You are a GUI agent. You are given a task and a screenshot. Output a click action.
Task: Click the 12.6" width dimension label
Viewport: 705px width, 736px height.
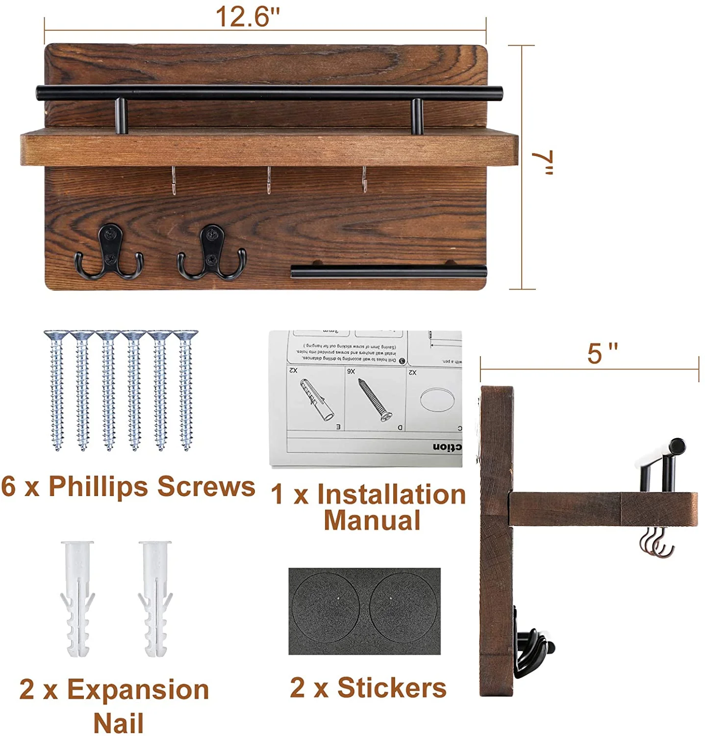(248, 17)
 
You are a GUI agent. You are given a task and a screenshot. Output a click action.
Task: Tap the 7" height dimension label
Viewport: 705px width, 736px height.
(544, 163)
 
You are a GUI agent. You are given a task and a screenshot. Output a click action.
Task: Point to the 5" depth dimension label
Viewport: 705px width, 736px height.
(602, 353)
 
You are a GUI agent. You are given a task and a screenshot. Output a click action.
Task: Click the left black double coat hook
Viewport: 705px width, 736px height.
(109, 252)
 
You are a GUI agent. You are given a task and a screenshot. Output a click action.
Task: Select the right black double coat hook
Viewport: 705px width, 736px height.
(212, 252)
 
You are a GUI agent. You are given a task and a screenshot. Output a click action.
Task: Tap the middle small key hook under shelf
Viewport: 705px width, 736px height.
(269, 180)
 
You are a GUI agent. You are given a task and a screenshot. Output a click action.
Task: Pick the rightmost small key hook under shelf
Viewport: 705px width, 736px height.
(364, 179)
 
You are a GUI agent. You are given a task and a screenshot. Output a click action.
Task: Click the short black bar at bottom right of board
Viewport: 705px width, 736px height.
(388, 271)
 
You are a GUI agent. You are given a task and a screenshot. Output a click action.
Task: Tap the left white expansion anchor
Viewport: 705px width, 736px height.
(77, 599)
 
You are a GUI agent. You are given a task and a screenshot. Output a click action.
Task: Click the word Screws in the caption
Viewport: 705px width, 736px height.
(206, 487)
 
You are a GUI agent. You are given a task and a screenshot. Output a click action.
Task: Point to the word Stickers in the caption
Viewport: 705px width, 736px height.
(391, 688)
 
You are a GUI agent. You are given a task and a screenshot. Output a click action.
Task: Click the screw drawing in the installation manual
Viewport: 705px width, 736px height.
(375, 400)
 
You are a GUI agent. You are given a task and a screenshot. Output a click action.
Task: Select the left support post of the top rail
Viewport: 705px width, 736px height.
(121, 116)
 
